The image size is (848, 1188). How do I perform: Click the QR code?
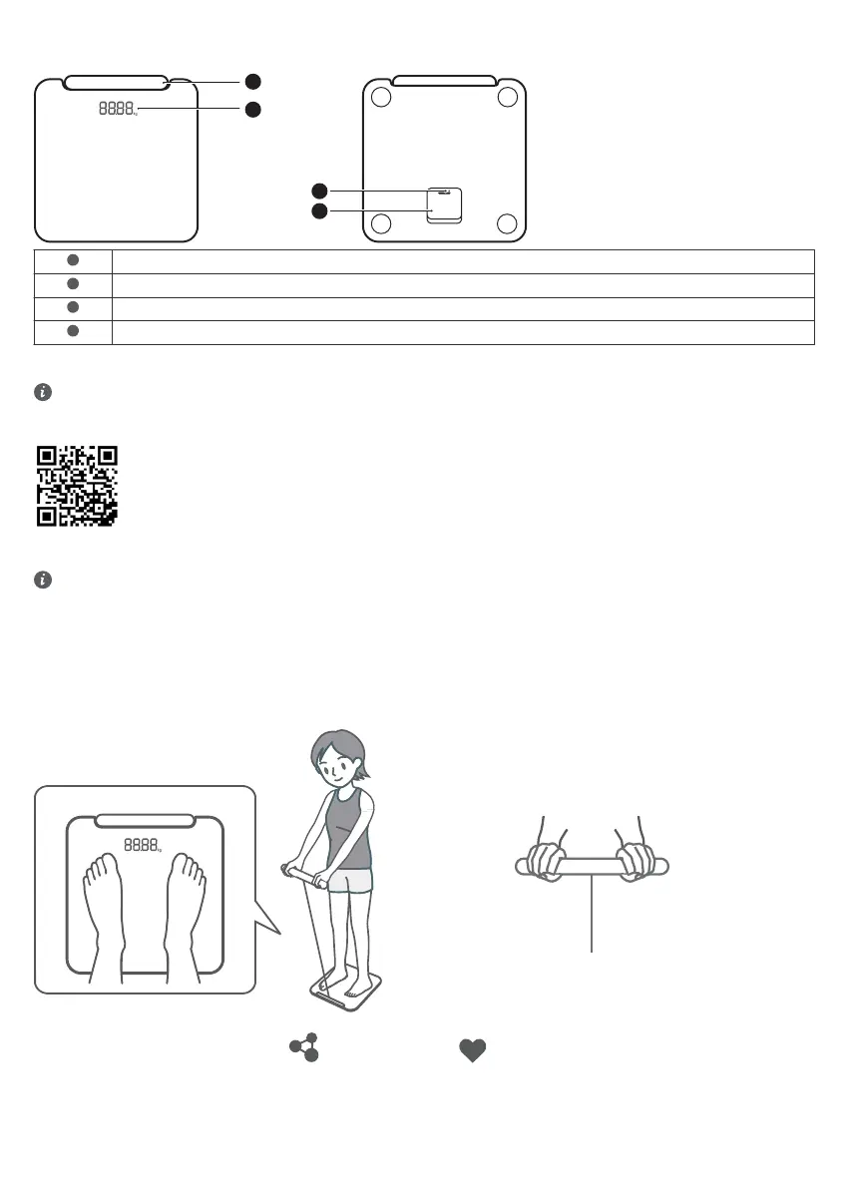point(77,486)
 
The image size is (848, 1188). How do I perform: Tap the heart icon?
point(472,1050)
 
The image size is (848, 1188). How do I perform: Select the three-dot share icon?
point(304,1047)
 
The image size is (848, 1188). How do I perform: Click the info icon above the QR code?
point(42,393)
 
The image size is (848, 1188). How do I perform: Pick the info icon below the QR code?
point(42,580)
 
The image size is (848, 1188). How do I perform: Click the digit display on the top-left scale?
point(117,108)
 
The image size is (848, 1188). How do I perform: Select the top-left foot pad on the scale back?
point(379,97)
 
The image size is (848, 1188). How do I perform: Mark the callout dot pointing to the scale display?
point(253,109)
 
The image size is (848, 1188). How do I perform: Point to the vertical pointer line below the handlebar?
point(593,918)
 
